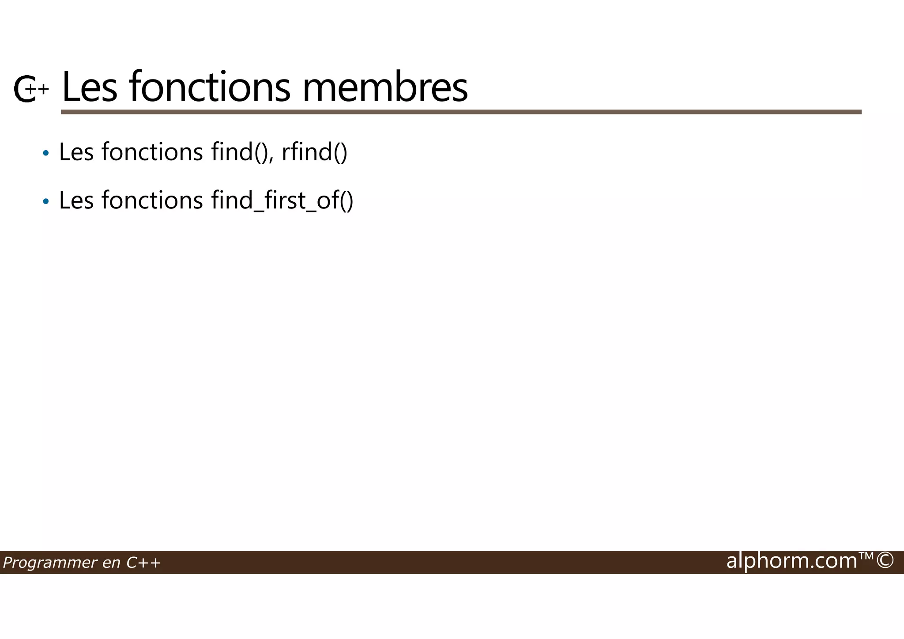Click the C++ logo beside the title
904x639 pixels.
click(30, 89)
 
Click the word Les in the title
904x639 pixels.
click(90, 87)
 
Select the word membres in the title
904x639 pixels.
click(385, 87)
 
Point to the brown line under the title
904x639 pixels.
click(461, 112)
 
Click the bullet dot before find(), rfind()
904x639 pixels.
click(45, 154)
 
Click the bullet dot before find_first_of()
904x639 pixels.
click(45, 202)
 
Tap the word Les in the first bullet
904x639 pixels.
click(76, 152)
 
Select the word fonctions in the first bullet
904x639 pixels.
click(152, 152)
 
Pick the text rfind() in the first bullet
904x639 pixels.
click(314, 152)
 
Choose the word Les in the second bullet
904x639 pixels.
click(76, 200)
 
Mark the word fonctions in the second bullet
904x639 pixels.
click(152, 200)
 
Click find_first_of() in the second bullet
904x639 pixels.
click(282, 200)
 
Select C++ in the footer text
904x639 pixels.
click(143, 563)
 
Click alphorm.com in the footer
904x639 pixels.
click(791, 561)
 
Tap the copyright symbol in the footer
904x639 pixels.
click(885, 561)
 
